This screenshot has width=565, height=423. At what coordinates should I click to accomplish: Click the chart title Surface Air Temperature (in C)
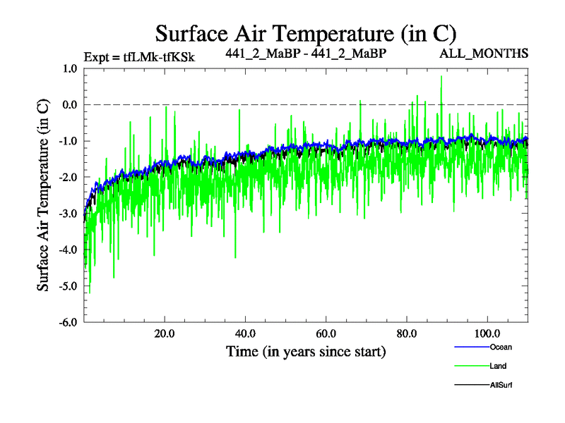(x=306, y=33)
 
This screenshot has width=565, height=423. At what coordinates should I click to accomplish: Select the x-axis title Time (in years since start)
(x=306, y=351)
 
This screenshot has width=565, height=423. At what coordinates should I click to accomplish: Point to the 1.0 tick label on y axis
(x=69, y=69)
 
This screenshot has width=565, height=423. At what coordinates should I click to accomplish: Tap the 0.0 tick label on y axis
(x=69, y=105)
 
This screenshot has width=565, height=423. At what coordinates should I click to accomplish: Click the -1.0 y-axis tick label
(x=66, y=141)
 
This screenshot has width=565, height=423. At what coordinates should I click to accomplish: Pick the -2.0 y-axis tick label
(x=66, y=178)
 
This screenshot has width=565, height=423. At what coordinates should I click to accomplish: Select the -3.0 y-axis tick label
(x=66, y=214)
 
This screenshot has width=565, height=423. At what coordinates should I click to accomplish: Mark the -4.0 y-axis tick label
(x=66, y=250)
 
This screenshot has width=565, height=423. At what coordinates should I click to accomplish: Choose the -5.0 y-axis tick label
(x=66, y=286)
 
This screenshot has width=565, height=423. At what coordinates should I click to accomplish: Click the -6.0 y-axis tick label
(x=66, y=322)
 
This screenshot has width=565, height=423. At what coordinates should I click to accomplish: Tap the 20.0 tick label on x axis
(x=165, y=333)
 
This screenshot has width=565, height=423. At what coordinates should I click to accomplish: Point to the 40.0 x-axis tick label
(x=245, y=333)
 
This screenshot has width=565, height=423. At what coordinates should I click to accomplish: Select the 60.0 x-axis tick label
(x=326, y=333)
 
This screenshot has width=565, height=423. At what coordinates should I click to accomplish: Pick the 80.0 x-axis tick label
(x=406, y=333)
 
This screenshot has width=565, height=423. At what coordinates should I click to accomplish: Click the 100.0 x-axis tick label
(x=487, y=333)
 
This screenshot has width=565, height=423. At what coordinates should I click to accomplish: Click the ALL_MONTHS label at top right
(x=484, y=54)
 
